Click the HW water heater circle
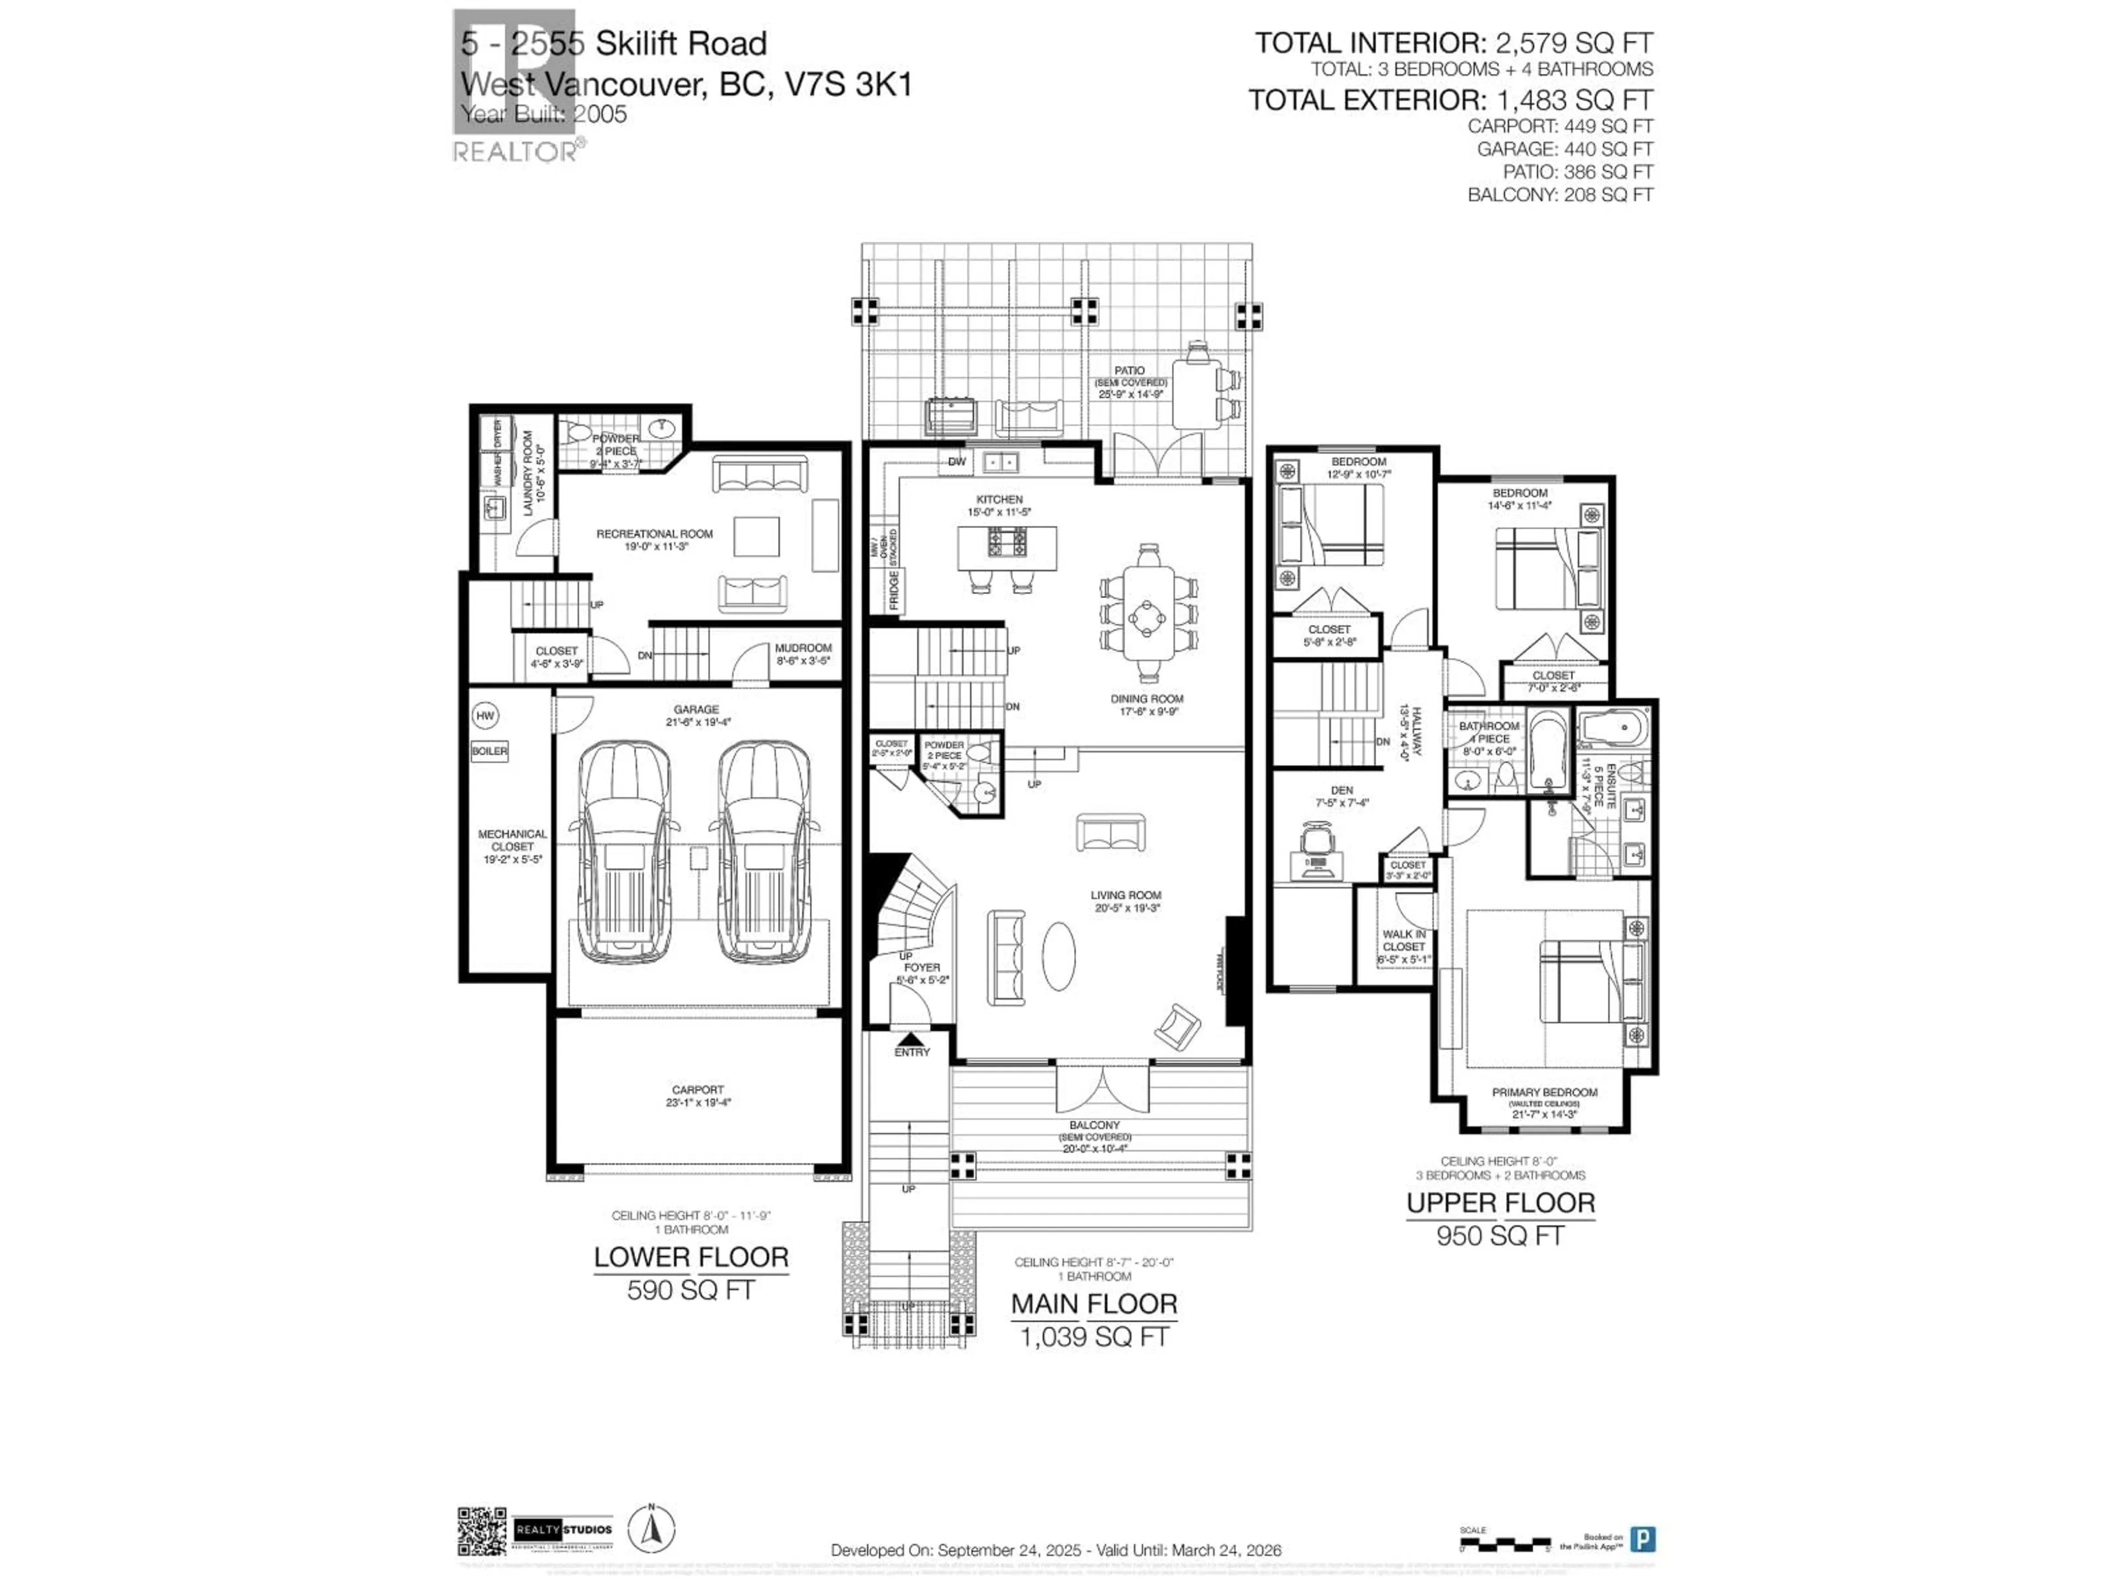pos(486,715)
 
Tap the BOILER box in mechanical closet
pos(489,751)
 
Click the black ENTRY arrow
pos(911,1038)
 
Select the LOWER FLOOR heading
pos(691,1257)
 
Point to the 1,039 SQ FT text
pos(1094,1337)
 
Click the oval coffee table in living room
pos(1058,955)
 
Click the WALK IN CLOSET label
pos(1404,939)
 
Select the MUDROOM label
pos(803,648)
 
